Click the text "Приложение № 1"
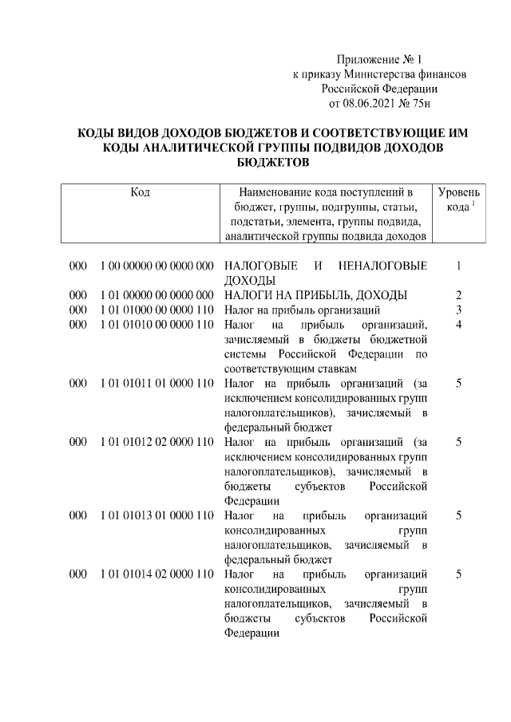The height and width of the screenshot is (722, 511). (x=378, y=59)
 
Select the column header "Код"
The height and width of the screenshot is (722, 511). (x=140, y=192)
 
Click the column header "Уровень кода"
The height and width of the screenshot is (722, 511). (x=459, y=199)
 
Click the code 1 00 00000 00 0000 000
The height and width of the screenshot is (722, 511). (x=156, y=266)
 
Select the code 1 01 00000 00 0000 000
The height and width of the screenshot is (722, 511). (x=156, y=295)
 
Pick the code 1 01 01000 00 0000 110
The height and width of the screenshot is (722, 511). (x=156, y=310)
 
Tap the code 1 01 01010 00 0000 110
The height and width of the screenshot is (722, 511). (x=156, y=325)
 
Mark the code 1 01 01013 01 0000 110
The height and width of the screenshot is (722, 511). (x=156, y=515)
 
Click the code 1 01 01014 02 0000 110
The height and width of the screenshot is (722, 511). (x=156, y=574)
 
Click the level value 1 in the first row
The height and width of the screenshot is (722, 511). (x=459, y=266)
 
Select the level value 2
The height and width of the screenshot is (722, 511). (x=459, y=295)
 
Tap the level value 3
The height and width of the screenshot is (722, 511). (x=459, y=310)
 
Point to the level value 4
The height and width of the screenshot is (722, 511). (x=459, y=325)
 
